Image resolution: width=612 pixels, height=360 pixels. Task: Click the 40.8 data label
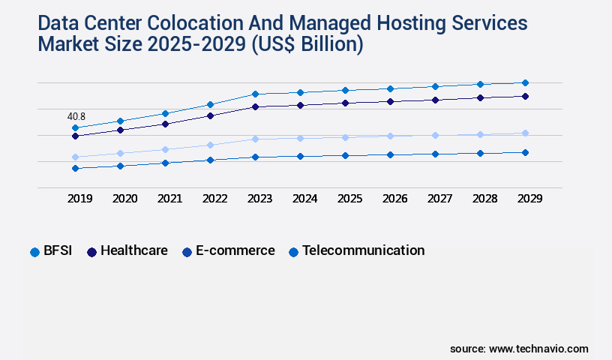76,116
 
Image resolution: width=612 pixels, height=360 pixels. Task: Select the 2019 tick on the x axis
79,199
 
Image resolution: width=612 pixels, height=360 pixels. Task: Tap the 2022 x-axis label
214,199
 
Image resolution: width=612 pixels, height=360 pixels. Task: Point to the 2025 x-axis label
349,199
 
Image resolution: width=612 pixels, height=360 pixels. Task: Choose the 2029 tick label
529,199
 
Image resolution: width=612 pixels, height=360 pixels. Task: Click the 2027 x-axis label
439,199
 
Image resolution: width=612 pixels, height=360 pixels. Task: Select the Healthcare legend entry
127,251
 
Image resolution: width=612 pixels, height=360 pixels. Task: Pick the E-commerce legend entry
228,251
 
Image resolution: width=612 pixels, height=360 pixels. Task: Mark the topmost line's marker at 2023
255,94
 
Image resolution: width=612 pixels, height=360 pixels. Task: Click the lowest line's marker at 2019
75,168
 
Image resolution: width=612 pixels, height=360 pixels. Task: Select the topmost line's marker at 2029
525,82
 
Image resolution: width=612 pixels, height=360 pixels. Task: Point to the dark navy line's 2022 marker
210,115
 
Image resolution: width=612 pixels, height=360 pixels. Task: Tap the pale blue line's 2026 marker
390,136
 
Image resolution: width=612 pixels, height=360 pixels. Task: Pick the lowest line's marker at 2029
525,152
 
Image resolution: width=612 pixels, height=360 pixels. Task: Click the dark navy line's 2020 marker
120,130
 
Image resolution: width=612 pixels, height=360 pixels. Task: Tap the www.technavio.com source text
538,349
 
